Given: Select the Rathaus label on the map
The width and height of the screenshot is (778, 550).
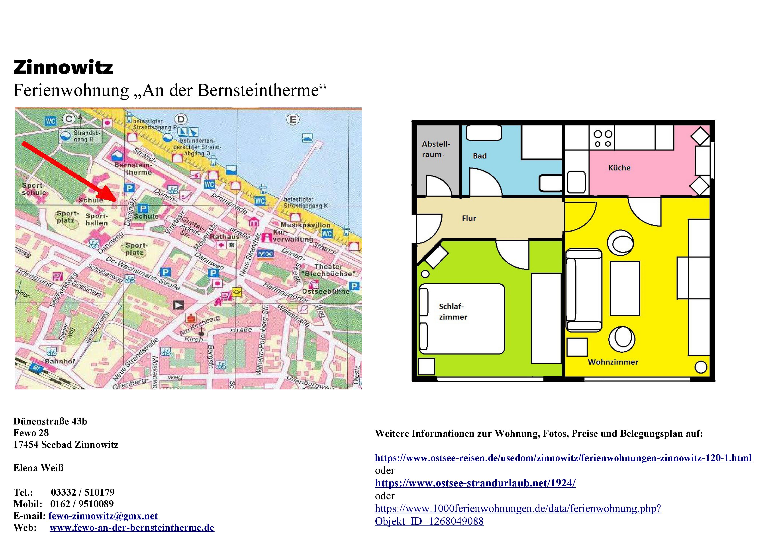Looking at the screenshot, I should pos(224,237).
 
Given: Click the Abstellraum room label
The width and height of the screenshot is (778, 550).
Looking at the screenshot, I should pos(436,149).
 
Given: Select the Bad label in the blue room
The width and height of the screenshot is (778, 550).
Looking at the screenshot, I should pos(480,156).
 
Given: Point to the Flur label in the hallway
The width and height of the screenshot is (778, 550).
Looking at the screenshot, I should pos(469,218).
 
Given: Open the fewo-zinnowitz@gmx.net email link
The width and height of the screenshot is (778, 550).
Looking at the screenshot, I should pos(103,516).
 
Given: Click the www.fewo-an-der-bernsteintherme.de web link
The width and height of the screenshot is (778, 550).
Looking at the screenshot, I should pos(132,528).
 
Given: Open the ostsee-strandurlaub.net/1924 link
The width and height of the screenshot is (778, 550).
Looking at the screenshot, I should pos(475,483).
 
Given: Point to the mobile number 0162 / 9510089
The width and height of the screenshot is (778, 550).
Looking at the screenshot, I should pos(82,504).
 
